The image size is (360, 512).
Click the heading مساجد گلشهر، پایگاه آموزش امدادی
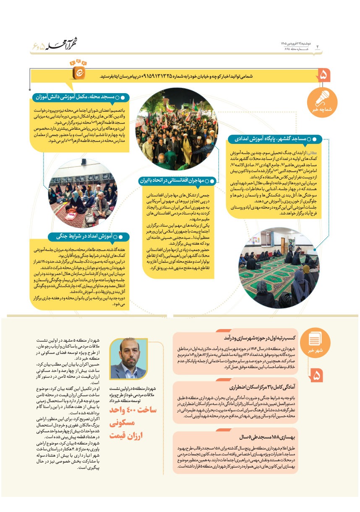click(x=273, y=138)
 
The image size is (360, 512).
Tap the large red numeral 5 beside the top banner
click(x=324, y=76)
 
